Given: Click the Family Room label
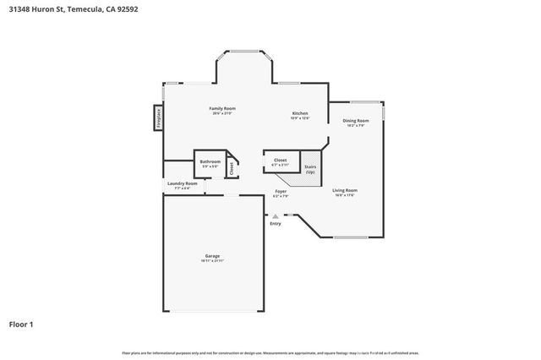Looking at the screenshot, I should pos(222,109).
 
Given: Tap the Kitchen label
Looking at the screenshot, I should pos(299,113).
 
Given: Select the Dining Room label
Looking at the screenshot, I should pos(355,121).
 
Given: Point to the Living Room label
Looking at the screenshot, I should pos(344,190).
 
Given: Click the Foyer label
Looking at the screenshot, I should pos(281,192).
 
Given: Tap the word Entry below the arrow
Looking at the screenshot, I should pos(276,223).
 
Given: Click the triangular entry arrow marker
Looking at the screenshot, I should pos(276,216).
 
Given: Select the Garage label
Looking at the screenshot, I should pos(212,255).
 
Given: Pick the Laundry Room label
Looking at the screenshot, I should pos(182,183).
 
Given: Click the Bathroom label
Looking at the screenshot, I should pos(210,161).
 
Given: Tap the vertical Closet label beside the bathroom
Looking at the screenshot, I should pos(232,167).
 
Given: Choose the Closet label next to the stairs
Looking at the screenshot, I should pos(281,159).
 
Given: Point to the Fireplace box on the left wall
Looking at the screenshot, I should pos(158,117).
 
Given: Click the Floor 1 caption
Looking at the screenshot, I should pos(22,324).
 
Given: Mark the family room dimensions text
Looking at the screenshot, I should pos(222,114).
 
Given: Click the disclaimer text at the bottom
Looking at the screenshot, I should pos(270,352).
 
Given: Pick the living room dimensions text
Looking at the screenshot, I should pos(344,195).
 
